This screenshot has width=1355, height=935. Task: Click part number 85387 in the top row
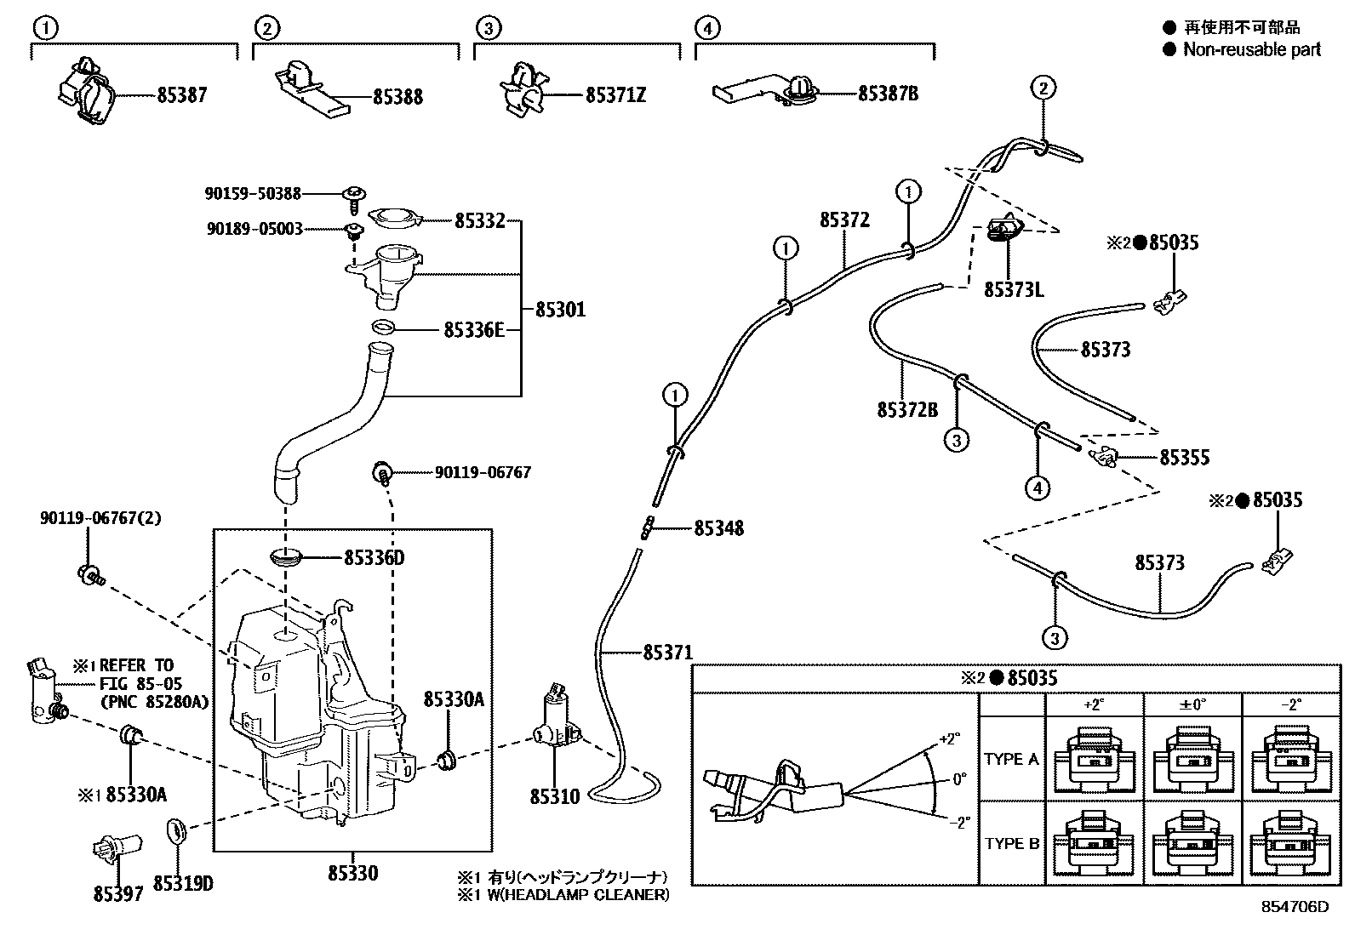(x=181, y=95)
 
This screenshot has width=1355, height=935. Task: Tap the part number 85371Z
(x=615, y=95)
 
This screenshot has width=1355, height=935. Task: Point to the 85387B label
(x=888, y=94)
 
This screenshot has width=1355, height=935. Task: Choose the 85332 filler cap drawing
(x=397, y=219)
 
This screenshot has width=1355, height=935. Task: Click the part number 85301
(x=560, y=310)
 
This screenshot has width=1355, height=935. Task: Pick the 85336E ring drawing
(x=383, y=328)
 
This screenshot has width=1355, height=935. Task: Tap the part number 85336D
(x=374, y=558)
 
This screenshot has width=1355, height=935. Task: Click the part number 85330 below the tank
(x=352, y=873)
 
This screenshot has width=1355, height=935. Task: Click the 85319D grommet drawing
(x=176, y=829)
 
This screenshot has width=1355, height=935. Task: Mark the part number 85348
(x=718, y=528)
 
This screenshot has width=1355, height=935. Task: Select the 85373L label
(x=1014, y=290)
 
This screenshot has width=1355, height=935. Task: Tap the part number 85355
(x=1184, y=458)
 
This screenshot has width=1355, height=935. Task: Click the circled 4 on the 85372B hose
(x=1038, y=488)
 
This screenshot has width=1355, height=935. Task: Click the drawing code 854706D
(x=1295, y=907)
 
